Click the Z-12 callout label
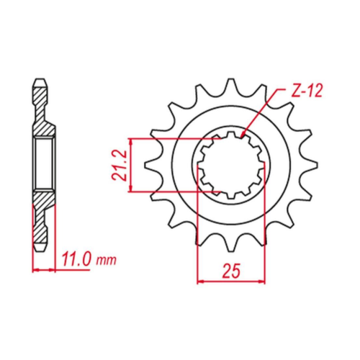306,91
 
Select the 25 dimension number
231,271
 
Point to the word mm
106,260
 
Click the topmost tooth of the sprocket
231,84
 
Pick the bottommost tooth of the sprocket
231,245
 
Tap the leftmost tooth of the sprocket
149,165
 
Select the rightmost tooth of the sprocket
312,165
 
